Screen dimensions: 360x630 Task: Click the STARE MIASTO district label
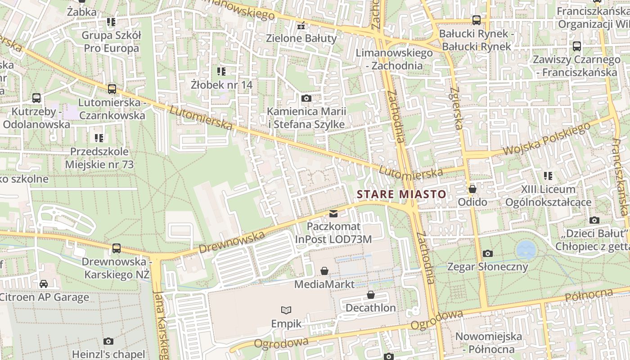point(401,194)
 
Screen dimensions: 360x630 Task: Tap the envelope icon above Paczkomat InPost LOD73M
point(333,213)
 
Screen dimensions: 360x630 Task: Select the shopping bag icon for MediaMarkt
point(324,271)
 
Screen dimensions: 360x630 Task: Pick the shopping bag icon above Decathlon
point(370,295)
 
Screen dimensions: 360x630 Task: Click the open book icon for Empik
point(286,310)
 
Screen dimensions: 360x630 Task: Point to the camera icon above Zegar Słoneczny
point(487,254)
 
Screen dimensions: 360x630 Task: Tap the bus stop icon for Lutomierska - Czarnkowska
point(112,89)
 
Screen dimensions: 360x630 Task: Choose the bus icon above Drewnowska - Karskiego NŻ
point(117,248)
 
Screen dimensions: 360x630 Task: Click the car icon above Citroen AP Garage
point(43,283)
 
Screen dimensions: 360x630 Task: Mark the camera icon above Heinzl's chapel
point(108,341)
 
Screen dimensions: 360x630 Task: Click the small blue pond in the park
point(526,248)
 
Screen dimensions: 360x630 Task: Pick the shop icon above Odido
point(472,189)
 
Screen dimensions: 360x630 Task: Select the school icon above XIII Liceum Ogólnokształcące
point(548,176)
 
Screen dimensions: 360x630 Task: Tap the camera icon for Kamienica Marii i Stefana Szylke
point(306,99)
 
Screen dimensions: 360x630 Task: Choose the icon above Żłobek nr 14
point(221,71)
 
